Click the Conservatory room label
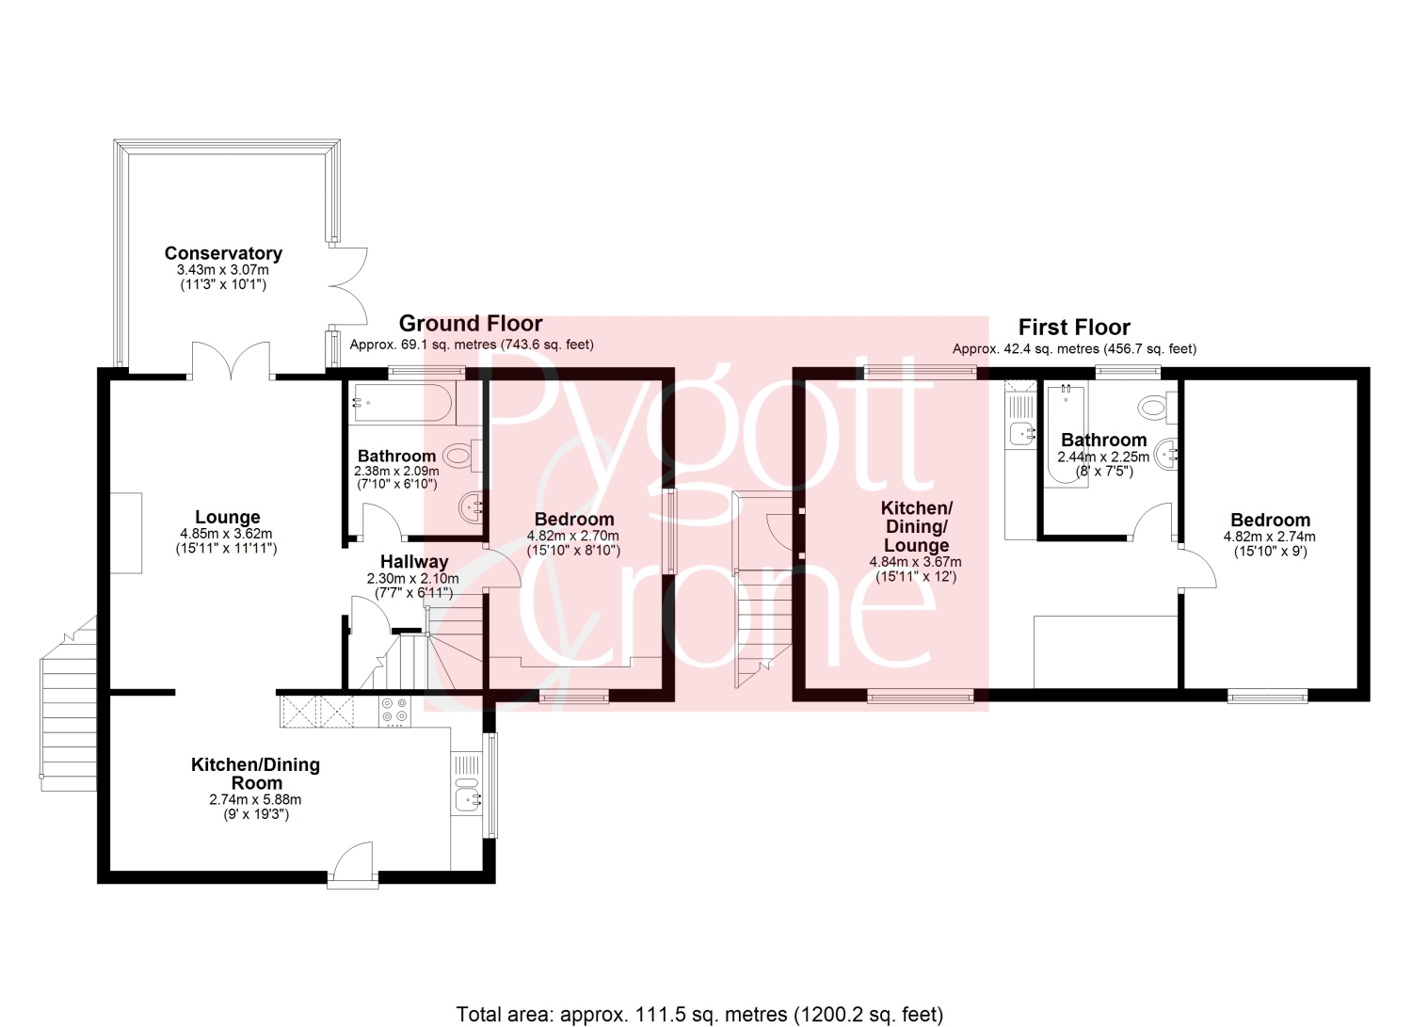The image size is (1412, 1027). click(x=223, y=253)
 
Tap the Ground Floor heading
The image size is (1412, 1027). click(x=471, y=324)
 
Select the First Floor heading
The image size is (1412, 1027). click(x=1074, y=328)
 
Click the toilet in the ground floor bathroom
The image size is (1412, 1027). click(x=463, y=456)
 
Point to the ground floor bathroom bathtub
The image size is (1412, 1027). click(x=402, y=402)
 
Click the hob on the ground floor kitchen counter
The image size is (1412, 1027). click(x=394, y=711)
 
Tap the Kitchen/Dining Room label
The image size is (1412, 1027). click(x=256, y=774)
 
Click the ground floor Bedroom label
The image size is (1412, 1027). click(x=573, y=520)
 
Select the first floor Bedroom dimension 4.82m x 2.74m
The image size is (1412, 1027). click(x=1270, y=538)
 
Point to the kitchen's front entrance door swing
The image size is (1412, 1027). click(x=353, y=860)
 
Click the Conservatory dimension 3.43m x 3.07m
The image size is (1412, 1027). click(x=223, y=270)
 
